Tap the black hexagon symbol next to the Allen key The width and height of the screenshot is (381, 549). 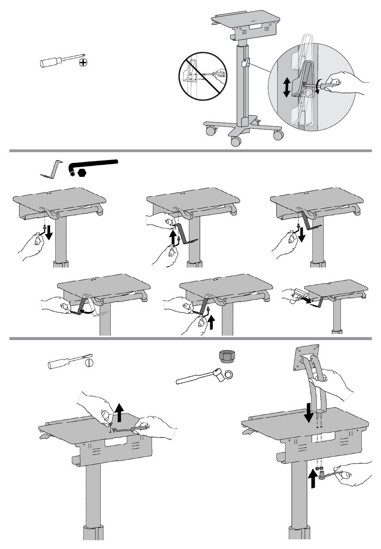(82, 172)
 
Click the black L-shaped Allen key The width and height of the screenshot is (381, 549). (94, 164)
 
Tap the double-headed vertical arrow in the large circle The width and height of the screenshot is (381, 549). (286, 87)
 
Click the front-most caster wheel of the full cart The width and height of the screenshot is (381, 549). (236, 141)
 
